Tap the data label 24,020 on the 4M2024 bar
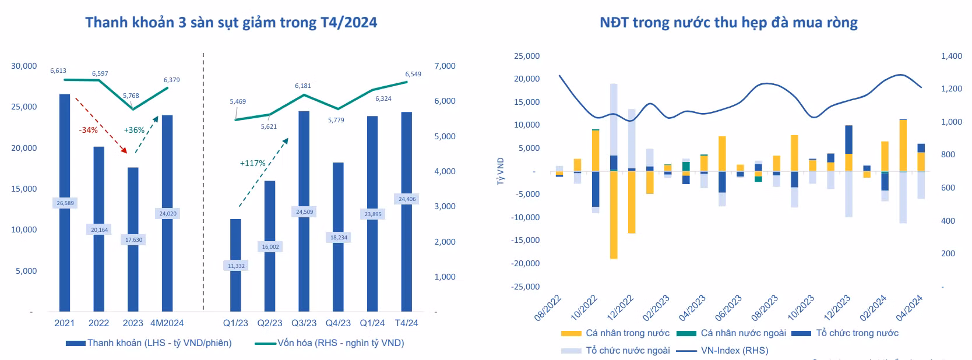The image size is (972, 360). pos(168,214)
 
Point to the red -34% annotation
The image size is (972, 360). pos(89,130)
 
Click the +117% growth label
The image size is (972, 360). pos(252,163)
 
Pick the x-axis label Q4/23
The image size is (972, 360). pos(338,323)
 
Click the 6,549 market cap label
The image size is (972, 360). pos(413,74)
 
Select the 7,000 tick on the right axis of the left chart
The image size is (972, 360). pos(445,66)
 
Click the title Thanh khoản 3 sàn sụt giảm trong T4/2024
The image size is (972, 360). pos(231,23)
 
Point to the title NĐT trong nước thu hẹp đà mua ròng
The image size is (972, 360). pos(728,23)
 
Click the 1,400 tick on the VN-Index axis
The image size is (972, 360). pos(952,56)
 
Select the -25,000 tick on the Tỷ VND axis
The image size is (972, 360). pos(525,287)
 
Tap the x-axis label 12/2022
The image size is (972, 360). pos(621,308)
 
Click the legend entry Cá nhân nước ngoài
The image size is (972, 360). pos(743,333)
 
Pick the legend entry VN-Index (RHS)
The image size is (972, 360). pos(734,351)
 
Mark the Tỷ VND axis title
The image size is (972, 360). pos(500,171)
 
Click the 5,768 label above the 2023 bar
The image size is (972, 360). pos(131,96)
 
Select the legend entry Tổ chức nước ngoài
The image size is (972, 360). pos(628,351)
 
